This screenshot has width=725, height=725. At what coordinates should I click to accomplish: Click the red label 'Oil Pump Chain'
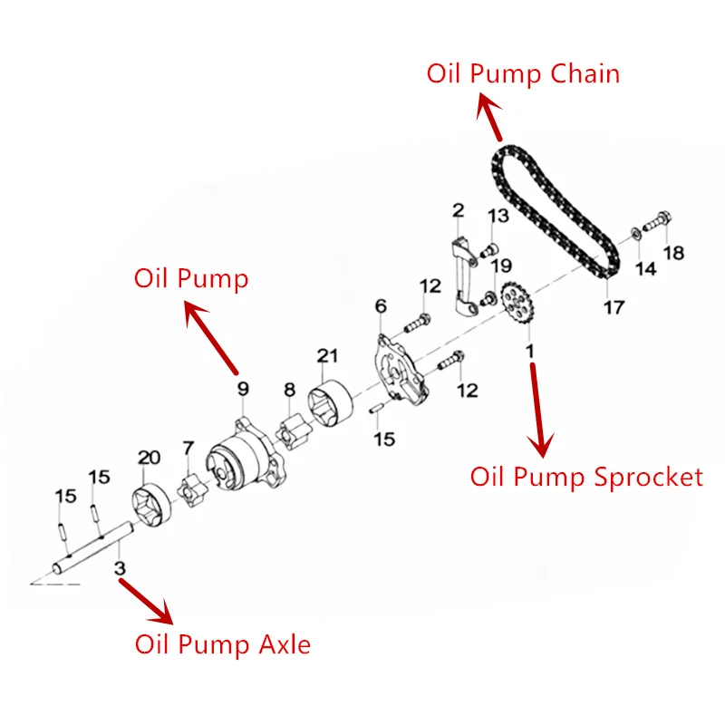523,73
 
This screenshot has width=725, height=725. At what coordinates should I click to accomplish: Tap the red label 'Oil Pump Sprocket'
586,477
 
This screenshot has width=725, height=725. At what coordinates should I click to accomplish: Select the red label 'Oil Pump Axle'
222,645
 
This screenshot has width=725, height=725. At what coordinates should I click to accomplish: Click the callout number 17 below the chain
614,307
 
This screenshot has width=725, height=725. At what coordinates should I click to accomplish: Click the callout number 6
381,306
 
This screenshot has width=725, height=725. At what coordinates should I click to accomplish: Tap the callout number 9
243,390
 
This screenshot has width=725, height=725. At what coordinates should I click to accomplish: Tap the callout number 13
498,216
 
